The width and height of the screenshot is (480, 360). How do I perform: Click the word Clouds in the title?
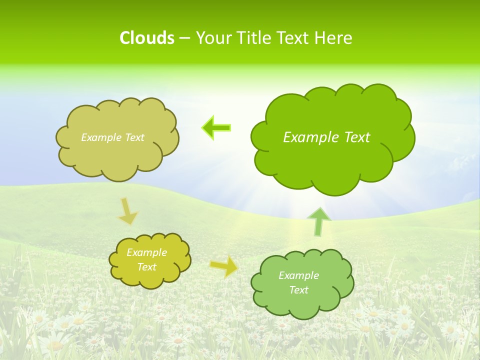[146, 38]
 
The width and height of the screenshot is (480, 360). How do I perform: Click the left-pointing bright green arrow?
[216, 128]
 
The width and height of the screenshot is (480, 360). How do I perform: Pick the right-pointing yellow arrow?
[223, 267]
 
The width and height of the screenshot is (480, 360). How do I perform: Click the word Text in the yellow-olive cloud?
[146, 267]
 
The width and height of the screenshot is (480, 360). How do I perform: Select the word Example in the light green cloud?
[298, 275]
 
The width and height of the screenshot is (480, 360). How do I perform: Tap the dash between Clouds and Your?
[184, 38]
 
